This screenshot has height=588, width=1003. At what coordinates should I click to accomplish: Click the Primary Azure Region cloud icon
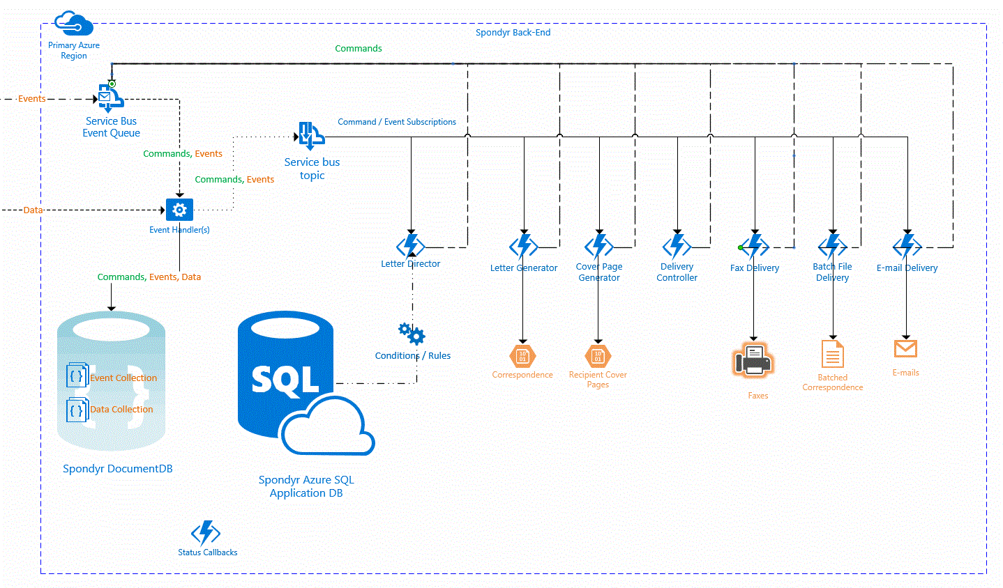pyautogui.click(x=73, y=23)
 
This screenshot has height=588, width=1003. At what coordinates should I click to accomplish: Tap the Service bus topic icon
pyautogui.click(x=311, y=136)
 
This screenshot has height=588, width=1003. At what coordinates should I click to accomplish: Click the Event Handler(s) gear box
pyautogui.click(x=179, y=210)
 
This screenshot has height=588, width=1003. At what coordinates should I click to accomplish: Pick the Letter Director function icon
pyautogui.click(x=411, y=246)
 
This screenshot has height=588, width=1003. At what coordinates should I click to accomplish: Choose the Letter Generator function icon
pyautogui.click(x=523, y=247)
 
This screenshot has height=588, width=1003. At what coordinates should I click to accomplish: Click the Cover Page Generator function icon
pyautogui.click(x=598, y=247)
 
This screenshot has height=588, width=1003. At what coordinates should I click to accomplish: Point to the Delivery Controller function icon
pyautogui.click(x=677, y=247)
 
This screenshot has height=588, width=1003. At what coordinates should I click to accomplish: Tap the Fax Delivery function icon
pyautogui.click(x=755, y=247)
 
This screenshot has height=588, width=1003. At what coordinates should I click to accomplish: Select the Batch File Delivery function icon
pyautogui.click(x=832, y=247)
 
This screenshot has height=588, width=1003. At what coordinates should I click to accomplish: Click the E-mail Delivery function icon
pyautogui.click(x=907, y=247)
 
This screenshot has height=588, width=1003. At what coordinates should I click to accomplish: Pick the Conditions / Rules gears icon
pyautogui.click(x=412, y=334)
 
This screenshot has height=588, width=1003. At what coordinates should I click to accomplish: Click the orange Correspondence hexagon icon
pyautogui.click(x=522, y=357)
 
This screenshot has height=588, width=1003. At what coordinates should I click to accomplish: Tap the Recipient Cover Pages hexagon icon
pyautogui.click(x=598, y=357)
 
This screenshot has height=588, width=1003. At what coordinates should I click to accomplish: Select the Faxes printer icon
pyautogui.click(x=754, y=360)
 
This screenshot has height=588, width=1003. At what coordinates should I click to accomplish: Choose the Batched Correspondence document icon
pyautogui.click(x=832, y=354)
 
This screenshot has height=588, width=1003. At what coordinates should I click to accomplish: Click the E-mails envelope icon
pyautogui.click(x=906, y=349)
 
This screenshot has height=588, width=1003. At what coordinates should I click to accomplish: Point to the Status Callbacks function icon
pyautogui.click(x=206, y=532)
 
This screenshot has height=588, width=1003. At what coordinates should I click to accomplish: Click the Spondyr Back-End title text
pyautogui.click(x=513, y=32)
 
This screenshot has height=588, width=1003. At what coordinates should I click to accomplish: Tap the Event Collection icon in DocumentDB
pyautogui.click(x=77, y=375)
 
